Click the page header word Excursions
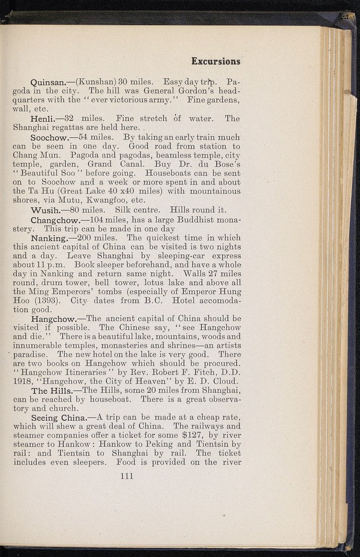[215, 61]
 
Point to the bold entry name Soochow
[53, 138]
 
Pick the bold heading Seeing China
[58, 418]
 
